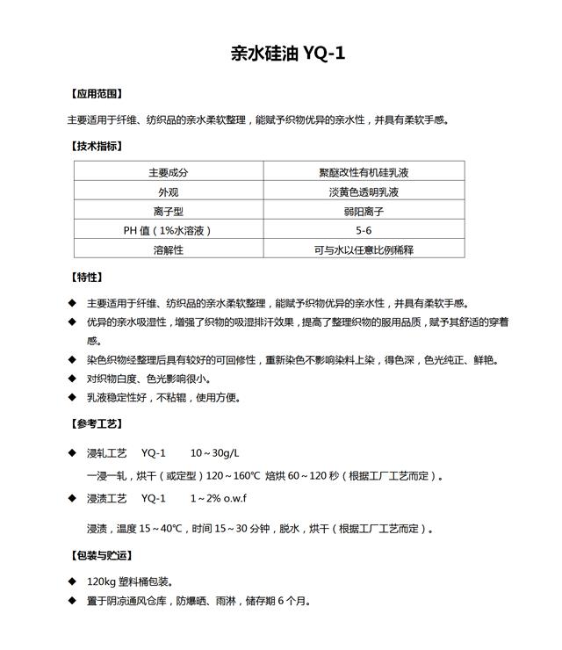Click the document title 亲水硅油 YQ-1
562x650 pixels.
click(x=287, y=54)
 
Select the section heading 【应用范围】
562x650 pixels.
click(x=96, y=93)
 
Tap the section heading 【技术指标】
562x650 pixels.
click(x=96, y=147)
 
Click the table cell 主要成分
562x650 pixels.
click(x=169, y=173)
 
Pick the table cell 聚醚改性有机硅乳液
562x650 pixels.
click(x=364, y=173)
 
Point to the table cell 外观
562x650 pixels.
click(x=169, y=192)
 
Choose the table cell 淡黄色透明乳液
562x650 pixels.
click(x=364, y=192)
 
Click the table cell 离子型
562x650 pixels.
click(x=169, y=212)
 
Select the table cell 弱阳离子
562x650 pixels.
click(x=364, y=212)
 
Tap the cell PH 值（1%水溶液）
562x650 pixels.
click(x=169, y=230)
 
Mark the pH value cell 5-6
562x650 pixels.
click(x=364, y=230)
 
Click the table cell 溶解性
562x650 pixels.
click(x=169, y=249)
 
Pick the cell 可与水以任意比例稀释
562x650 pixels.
click(x=364, y=249)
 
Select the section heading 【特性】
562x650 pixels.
click(x=85, y=277)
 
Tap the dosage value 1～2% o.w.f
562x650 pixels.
click(x=219, y=498)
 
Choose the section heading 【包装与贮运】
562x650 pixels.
click(x=101, y=555)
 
